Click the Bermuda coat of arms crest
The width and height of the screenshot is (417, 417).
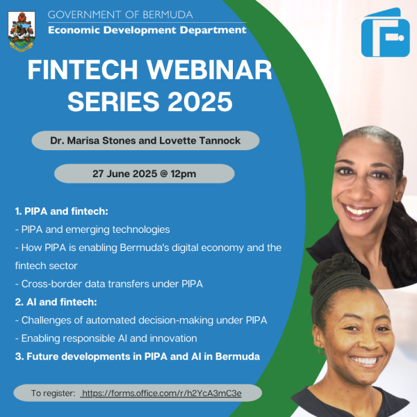click(22, 31)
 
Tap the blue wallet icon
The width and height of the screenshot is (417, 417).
click(385, 33)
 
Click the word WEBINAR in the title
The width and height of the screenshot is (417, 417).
click(209, 69)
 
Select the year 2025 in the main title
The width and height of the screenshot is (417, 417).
click(200, 101)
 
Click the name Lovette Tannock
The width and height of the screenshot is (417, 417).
click(199, 140)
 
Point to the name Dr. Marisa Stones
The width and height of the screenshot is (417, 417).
click(93, 140)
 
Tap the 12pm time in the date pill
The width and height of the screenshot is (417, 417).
click(183, 174)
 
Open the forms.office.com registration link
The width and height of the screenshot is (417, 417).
click(162, 393)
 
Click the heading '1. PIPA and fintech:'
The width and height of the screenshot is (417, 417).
click(62, 211)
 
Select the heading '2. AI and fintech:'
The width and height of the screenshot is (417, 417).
click(56, 302)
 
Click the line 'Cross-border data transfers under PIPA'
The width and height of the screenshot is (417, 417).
click(109, 284)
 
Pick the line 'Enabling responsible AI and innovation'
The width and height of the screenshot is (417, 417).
click(106, 338)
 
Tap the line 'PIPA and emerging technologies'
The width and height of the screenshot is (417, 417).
click(92, 229)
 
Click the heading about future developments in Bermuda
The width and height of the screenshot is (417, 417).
click(138, 357)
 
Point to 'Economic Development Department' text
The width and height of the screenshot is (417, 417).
click(147, 30)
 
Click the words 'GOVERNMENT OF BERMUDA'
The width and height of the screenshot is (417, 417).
click(120, 15)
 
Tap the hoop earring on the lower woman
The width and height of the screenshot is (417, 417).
click(320, 350)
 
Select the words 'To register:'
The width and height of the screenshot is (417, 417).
click(54, 393)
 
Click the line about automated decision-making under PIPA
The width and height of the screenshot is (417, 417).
click(141, 320)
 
